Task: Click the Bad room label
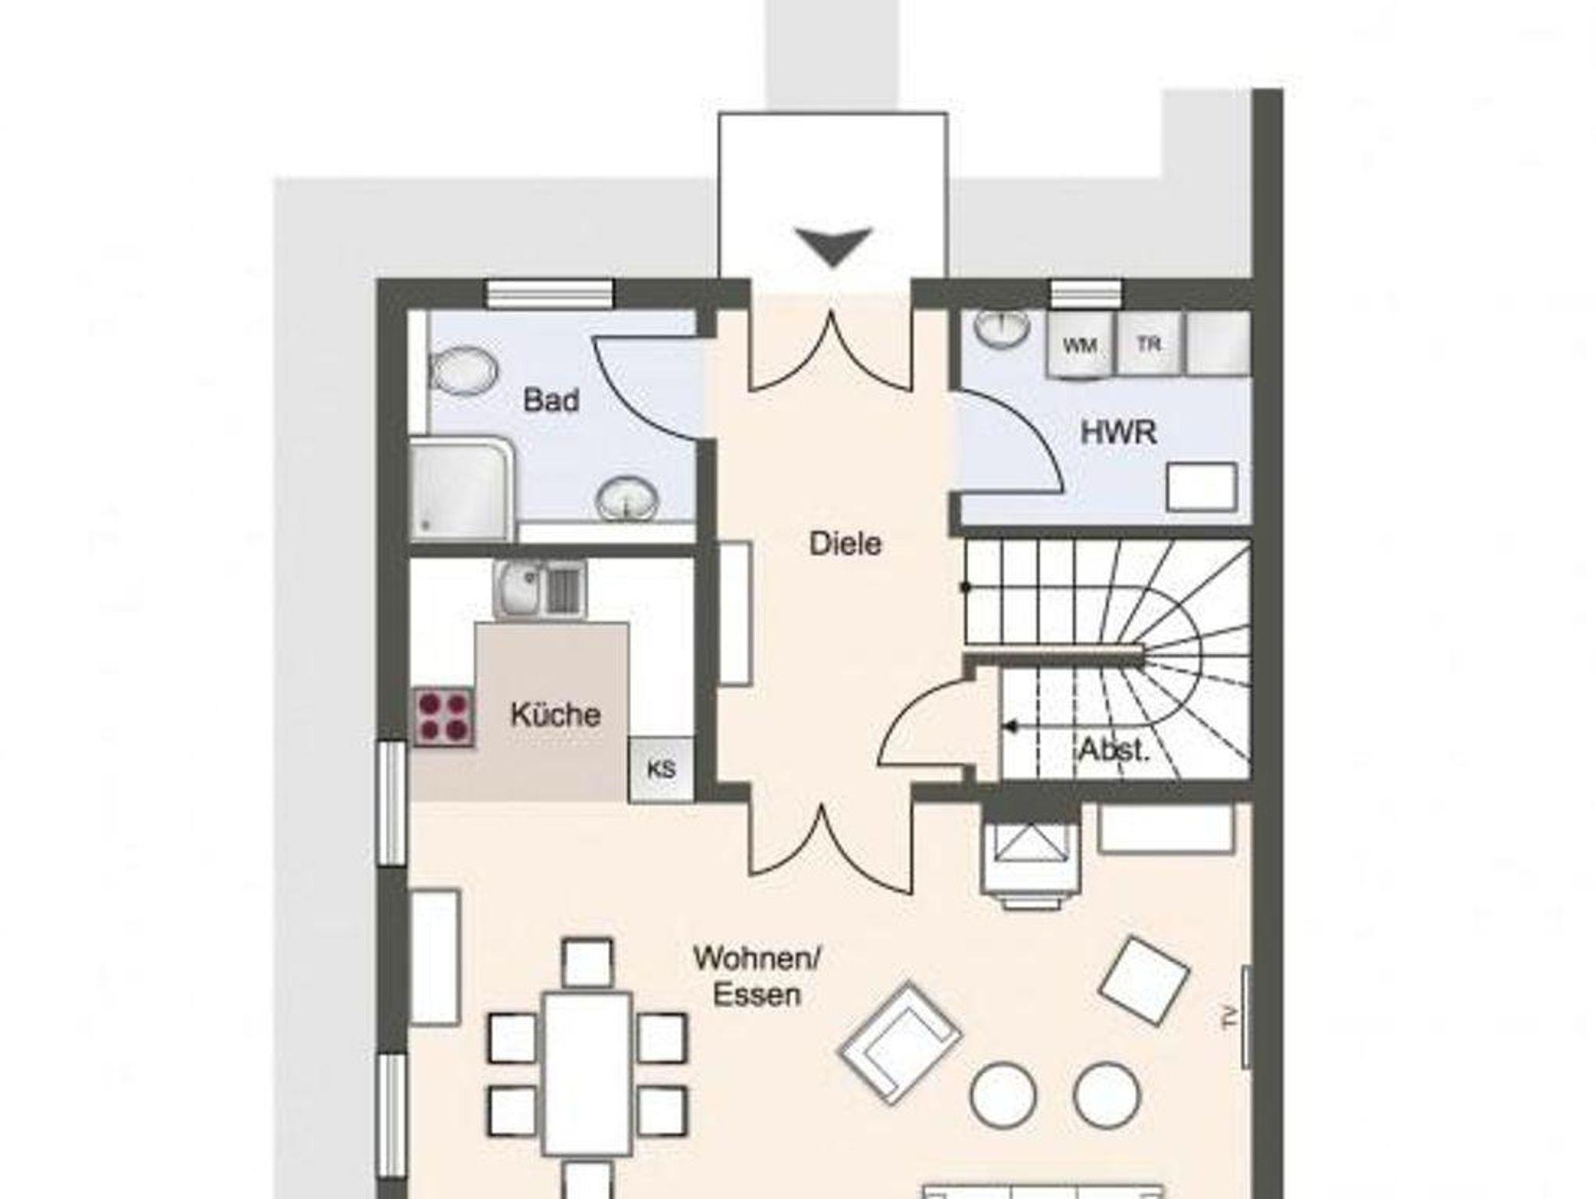click(551, 401)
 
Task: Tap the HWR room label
click(1118, 432)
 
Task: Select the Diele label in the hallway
click(846, 543)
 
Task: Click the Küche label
click(556, 714)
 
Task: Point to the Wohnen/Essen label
click(757, 975)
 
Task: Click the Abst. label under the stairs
click(1114, 750)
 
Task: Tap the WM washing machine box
click(1081, 345)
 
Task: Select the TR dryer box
click(1149, 344)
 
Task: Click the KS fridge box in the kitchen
click(661, 769)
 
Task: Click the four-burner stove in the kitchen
click(443, 716)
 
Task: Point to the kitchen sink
click(539, 590)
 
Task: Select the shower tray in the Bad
click(462, 489)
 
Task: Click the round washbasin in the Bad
click(627, 497)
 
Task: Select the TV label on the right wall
click(1231, 1017)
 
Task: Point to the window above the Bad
click(551, 294)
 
